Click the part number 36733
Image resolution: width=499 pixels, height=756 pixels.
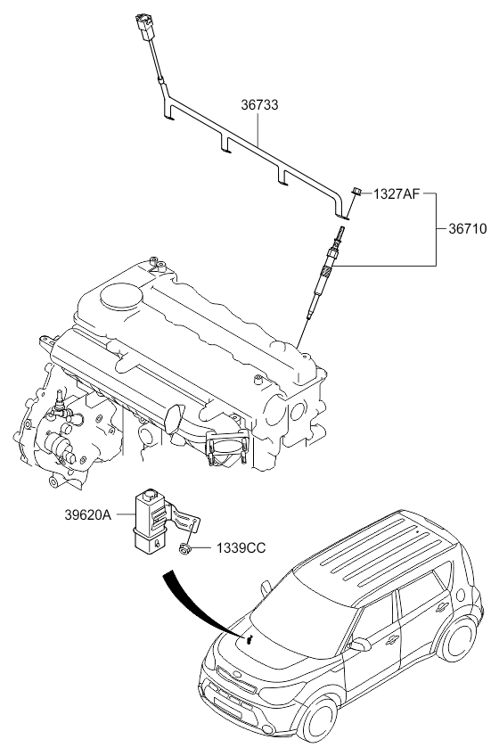(x=259, y=105)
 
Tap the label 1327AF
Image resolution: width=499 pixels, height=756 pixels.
(x=397, y=193)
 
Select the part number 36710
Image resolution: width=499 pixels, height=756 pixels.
(x=468, y=229)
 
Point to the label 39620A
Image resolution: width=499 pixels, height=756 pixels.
(x=87, y=515)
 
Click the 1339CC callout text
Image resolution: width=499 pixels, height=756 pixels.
(x=241, y=548)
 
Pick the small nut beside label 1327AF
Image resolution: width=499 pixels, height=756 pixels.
(x=357, y=191)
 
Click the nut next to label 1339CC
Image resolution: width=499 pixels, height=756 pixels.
(x=184, y=548)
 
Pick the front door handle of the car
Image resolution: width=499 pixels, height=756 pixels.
(x=392, y=639)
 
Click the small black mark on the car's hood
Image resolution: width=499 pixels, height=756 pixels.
(x=249, y=640)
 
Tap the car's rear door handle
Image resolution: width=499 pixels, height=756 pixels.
(x=442, y=607)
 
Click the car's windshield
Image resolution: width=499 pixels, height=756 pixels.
(x=300, y=615)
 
